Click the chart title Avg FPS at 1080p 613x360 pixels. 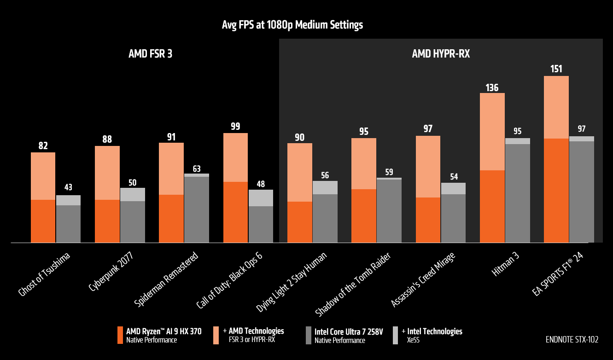292,25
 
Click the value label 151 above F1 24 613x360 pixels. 556,69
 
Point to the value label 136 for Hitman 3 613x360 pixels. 492,87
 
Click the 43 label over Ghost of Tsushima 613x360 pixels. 68,188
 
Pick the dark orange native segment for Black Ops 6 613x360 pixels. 235,212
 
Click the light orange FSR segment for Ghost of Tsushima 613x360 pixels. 43,176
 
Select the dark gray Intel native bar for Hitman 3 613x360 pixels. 517,193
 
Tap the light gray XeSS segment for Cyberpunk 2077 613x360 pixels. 132,194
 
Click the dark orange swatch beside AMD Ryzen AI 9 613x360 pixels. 121,335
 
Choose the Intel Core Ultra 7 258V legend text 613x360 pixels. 348,331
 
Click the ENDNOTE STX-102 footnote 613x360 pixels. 572,340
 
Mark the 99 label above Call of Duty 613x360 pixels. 235,127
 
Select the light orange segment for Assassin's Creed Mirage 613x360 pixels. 428,166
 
